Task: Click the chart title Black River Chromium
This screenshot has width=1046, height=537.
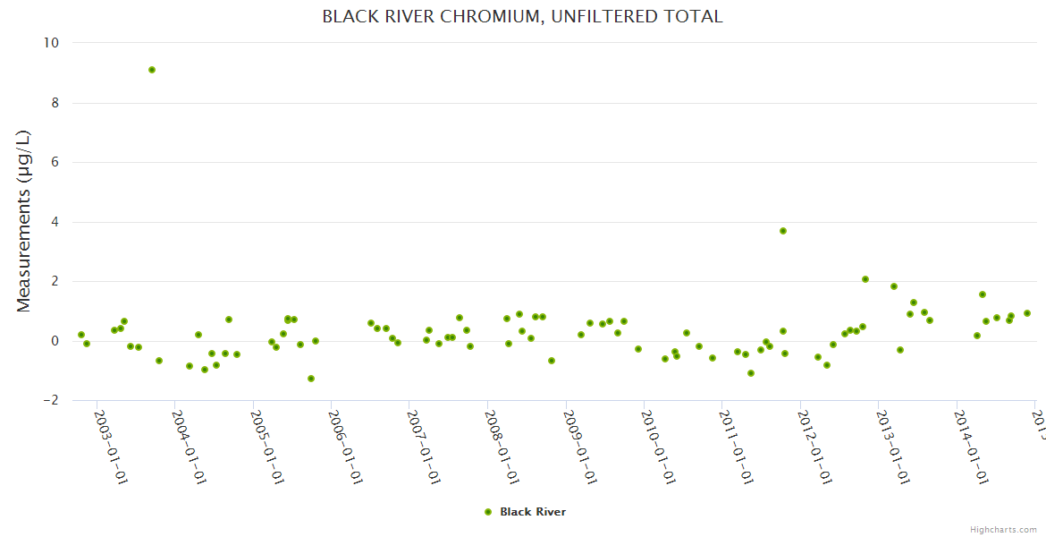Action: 522,17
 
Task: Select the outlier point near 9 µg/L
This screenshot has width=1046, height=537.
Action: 152,70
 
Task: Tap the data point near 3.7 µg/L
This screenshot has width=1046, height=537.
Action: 783,231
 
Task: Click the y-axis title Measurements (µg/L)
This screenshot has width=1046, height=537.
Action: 24,221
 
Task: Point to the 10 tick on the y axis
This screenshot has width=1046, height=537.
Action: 51,43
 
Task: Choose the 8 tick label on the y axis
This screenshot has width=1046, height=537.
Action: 55,103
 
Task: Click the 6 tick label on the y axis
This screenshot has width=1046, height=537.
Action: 55,162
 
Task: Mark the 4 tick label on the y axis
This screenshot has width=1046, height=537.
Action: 55,222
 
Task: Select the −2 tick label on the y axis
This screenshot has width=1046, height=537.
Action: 50,400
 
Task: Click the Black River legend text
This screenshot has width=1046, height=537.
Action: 533,512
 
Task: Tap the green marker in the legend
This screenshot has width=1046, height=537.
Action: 488,512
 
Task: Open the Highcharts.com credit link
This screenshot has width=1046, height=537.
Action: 1003,530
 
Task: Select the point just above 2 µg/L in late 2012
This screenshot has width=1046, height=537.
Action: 865,279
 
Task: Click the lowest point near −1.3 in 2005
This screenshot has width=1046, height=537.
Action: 311,379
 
